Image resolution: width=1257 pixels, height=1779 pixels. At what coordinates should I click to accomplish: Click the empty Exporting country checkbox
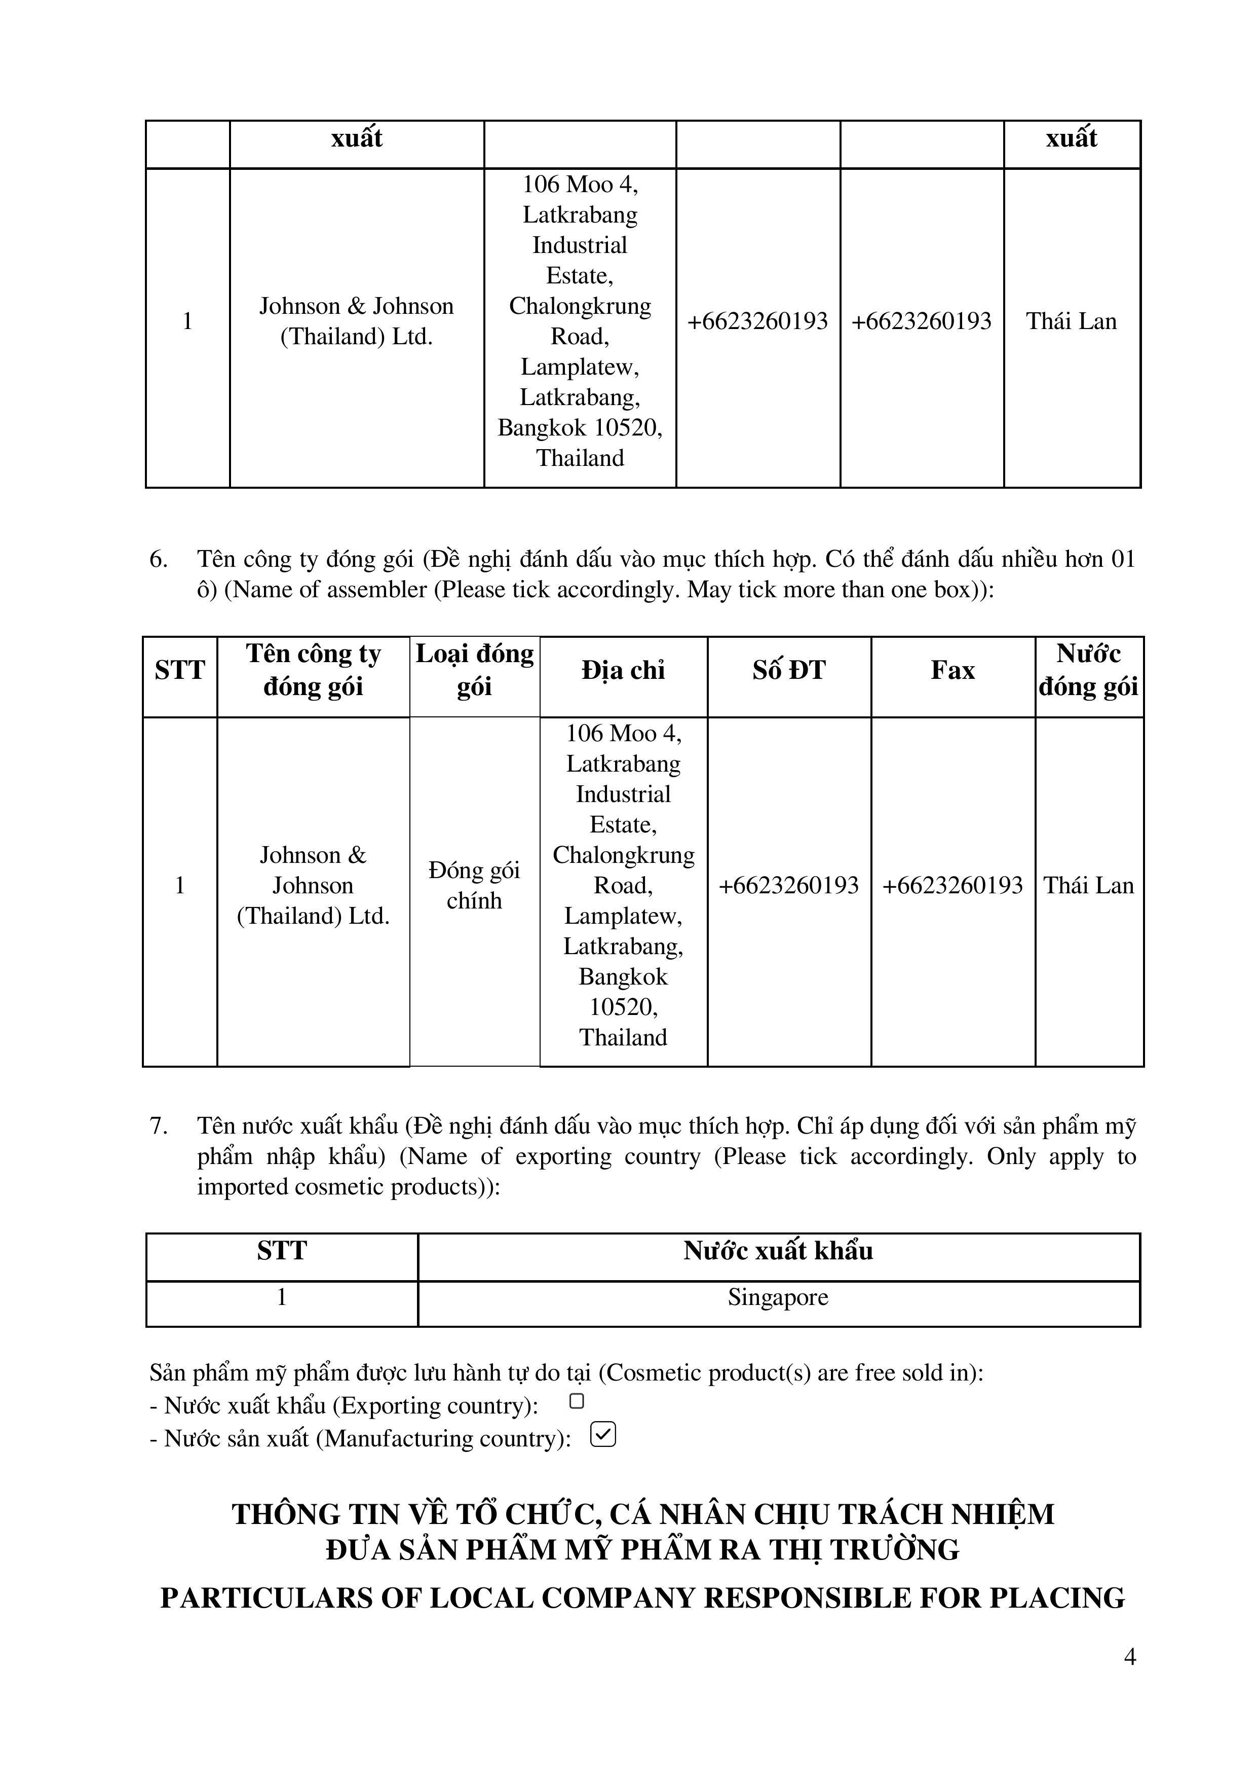[576, 1401]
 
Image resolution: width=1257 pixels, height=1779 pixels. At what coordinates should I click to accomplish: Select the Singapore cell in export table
[778, 1297]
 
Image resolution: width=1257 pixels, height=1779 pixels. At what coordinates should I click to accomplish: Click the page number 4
[1129, 1657]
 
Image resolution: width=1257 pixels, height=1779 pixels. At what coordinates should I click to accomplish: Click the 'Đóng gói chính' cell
[474, 885]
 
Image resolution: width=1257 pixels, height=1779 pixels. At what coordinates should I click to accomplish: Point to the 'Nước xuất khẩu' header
[778, 1251]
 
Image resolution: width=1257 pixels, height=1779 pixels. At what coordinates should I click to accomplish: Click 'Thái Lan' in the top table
[1071, 321]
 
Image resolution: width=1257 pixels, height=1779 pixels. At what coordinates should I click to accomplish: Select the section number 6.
[158, 559]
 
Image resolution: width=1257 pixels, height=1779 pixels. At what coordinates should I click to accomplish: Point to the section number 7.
[158, 1126]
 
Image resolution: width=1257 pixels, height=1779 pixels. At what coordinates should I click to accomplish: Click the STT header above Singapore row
[282, 1251]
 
